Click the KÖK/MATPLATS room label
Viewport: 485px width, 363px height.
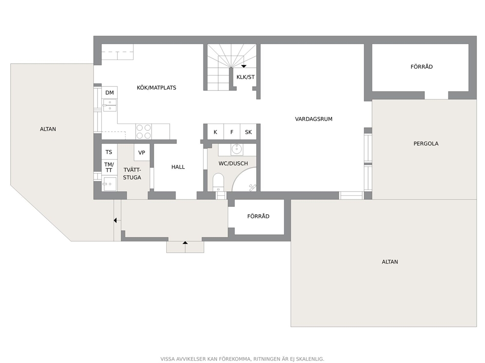pos(156,88)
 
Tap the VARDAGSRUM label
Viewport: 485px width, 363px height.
pos(314,119)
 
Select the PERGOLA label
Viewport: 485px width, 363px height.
pos(426,143)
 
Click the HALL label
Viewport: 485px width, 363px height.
pos(178,167)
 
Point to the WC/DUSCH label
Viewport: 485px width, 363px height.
pos(233,163)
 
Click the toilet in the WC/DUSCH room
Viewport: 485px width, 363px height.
pos(219,183)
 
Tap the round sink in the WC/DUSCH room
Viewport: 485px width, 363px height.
pos(237,150)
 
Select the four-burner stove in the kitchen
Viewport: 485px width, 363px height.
pos(144,132)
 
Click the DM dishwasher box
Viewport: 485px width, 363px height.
pos(110,93)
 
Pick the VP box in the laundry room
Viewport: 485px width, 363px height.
pos(142,153)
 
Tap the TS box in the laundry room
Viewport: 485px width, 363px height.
pos(109,152)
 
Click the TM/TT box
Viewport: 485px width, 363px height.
pos(109,167)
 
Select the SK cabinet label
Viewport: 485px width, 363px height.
pos(248,132)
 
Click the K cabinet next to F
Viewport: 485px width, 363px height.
pos(215,132)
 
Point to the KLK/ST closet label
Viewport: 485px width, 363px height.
pos(245,77)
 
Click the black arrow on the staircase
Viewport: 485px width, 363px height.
pos(244,66)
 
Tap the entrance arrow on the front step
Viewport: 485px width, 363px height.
pos(185,243)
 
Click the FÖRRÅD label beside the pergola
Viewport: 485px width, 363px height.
pos(421,67)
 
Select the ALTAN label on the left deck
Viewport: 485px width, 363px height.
pos(48,129)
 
